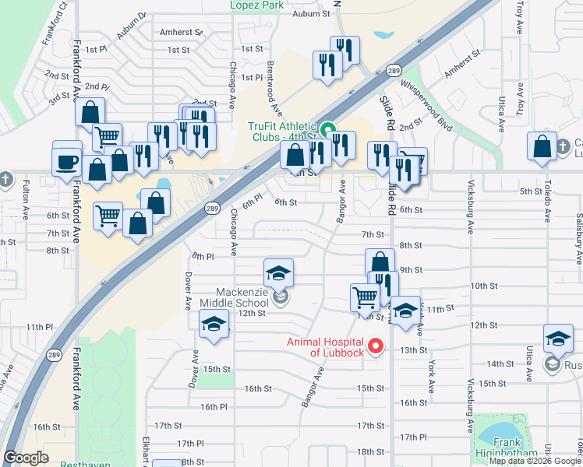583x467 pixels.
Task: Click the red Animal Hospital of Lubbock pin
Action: pos(376,346)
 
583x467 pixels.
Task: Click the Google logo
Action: pos(26,458)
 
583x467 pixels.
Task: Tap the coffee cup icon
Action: pos(67,162)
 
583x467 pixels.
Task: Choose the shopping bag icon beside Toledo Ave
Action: pos(542,146)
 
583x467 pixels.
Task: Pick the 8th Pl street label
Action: pos(203,256)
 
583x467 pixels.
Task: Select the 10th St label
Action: pos(484,286)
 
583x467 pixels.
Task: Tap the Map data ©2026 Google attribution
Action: pos(535,460)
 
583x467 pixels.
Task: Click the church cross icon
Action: pos(6,180)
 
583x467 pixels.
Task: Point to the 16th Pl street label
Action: pos(213,406)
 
